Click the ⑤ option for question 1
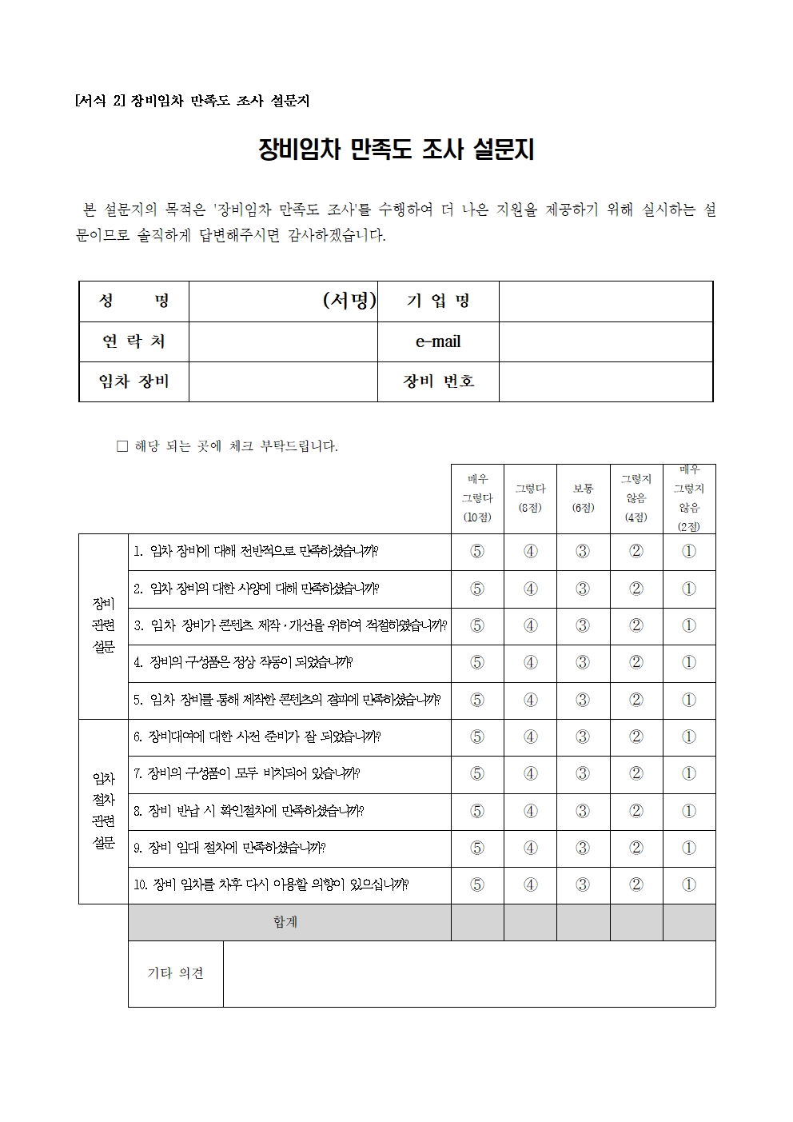point(477,552)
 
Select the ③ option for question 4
point(583,663)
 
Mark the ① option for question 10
point(688,885)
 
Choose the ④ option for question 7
point(530,774)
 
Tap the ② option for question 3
point(636,626)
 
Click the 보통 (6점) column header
point(583,498)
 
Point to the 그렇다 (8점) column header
point(530,498)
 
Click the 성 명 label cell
point(133,301)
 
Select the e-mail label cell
point(438,341)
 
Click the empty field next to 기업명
point(605,301)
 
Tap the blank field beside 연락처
point(282,341)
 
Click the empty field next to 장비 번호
point(605,381)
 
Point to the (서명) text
point(349,301)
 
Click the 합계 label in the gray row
point(285,922)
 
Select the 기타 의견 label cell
point(175,973)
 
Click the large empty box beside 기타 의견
point(468,973)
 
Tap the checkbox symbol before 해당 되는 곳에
point(122,446)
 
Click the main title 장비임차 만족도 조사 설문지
point(396,150)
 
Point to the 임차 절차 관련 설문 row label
point(104,811)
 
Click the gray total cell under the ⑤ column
point(477,922)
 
